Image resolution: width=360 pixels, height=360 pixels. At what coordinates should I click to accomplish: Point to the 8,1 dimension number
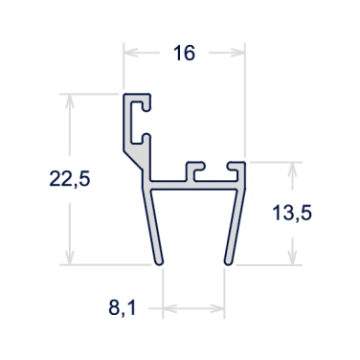click(x=123, y=309)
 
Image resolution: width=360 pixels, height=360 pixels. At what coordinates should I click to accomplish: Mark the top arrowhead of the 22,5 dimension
click(x=68, y=99)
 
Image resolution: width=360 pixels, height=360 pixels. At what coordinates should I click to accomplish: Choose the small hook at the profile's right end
click(x=237, y=169)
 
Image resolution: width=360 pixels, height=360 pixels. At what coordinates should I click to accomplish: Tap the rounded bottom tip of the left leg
click(x=158, y=260)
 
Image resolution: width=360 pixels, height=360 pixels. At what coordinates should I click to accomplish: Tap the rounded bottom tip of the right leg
click(x=228, y=260)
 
